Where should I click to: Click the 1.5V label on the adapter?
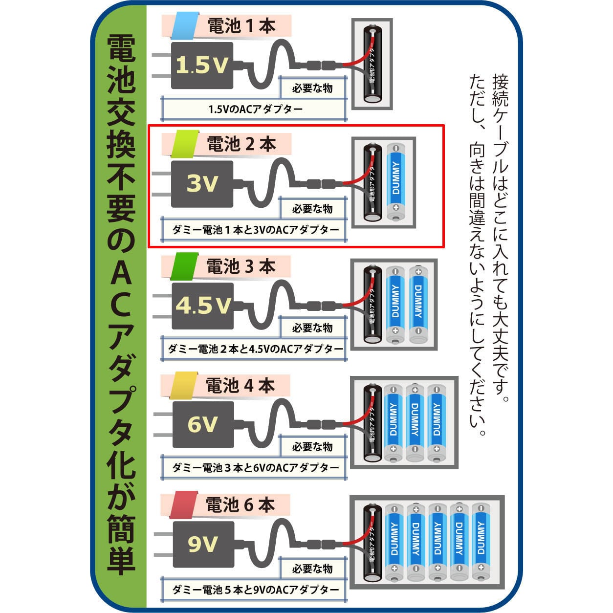coord(201,65)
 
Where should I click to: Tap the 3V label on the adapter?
coord(202,183)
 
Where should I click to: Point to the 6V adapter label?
coord(202,424)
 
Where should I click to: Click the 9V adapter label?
coord(202,543)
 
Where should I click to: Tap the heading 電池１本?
coord(241,26)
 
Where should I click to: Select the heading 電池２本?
coord(241,144)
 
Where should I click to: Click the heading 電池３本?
coord(241,267)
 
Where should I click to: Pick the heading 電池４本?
coord(241,386)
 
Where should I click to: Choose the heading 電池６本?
coord(241,504)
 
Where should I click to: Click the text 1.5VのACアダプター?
coord(255,109)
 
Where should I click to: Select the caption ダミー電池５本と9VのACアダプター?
coord(255,590)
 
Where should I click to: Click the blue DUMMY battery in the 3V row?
coord(396,181)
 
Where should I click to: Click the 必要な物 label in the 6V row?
coord(312,446)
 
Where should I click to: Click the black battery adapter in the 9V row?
coord(372,543)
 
